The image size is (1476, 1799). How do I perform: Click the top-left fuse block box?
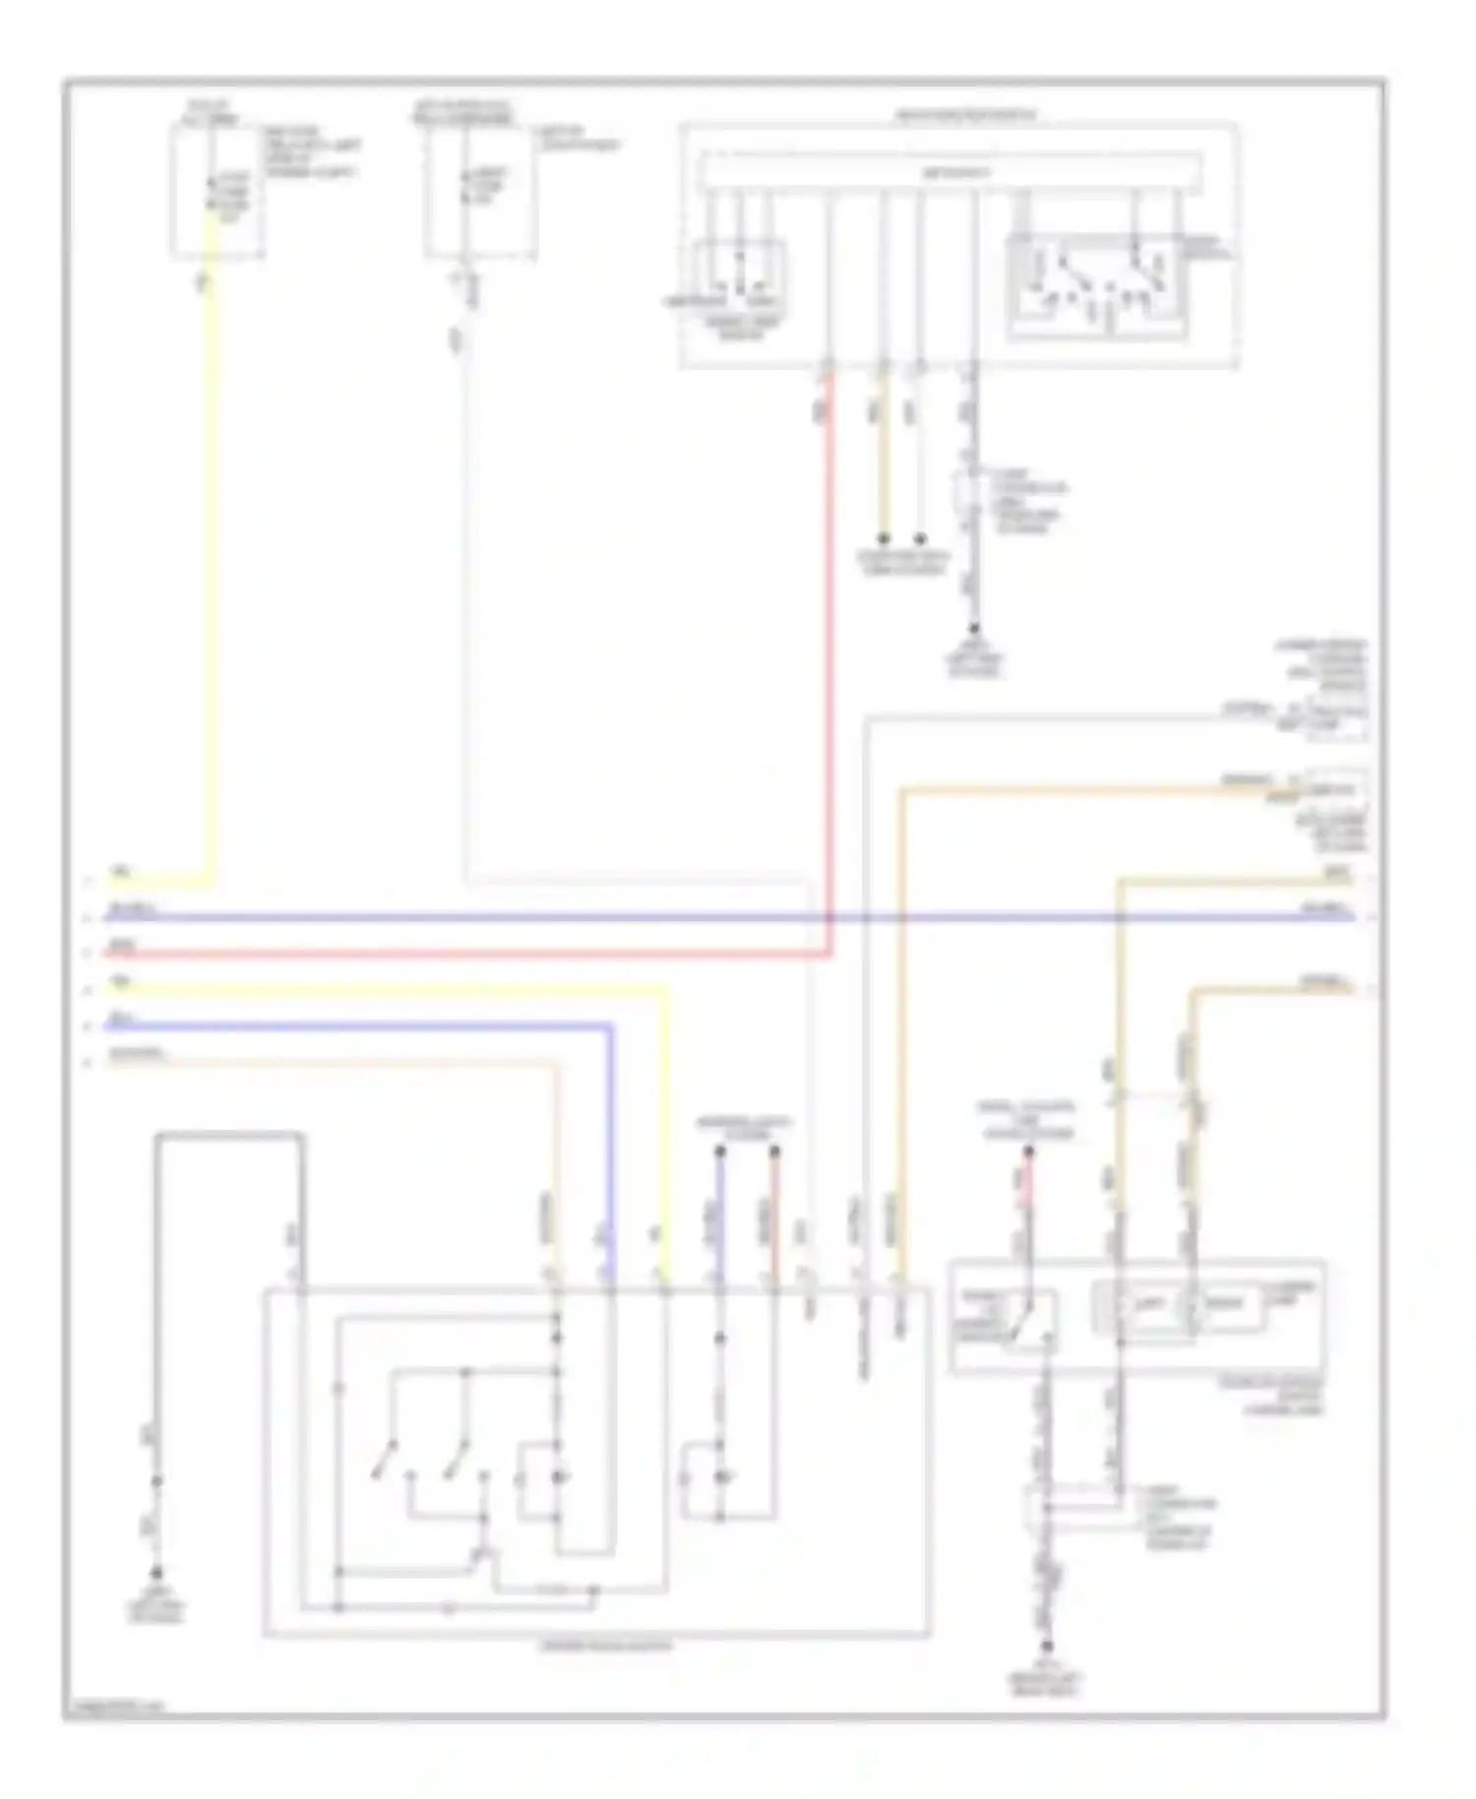tap(217, 192)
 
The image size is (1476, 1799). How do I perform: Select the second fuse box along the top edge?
tap(480, 192)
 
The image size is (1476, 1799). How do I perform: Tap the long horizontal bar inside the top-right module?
tap(950, 172)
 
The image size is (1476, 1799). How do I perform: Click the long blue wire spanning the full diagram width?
tap(728, 917)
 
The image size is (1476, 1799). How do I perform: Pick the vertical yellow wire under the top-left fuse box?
tap(210, 551)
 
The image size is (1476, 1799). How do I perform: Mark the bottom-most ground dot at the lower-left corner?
tap(155, 1573)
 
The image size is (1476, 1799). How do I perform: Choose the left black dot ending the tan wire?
tap(884, 538)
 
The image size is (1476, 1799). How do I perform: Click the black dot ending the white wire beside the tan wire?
tap(920, 538)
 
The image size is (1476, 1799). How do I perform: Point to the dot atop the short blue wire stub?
tap(719, 1149)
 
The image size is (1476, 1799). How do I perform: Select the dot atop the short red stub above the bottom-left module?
tap(774, 1149)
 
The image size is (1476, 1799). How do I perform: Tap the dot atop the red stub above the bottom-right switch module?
tap(1028, 1149)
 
